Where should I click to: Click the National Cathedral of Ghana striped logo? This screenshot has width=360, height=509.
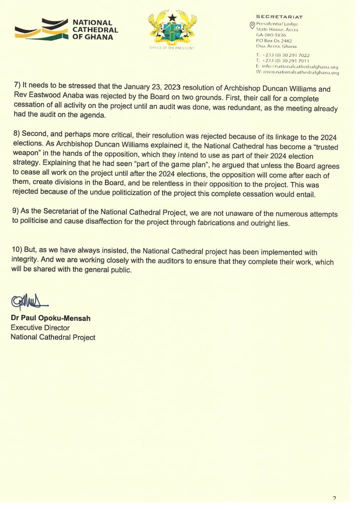pyautogui.click(x=40, y=29)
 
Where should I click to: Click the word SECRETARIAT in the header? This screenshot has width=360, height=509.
pyautogui.click(x=279, y=17)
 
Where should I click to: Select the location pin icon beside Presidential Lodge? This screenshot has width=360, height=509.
pyautogui.click(x=252, y=25)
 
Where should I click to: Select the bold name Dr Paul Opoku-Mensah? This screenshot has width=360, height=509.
pyautogui.click(x=50, y=318)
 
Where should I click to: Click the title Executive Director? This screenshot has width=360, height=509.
pyautogui.click(x=40, y=327)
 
